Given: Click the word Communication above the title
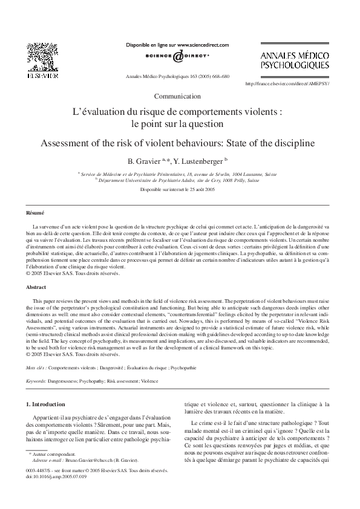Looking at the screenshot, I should coord(177,96).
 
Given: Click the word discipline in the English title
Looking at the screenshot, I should coord(292,145).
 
